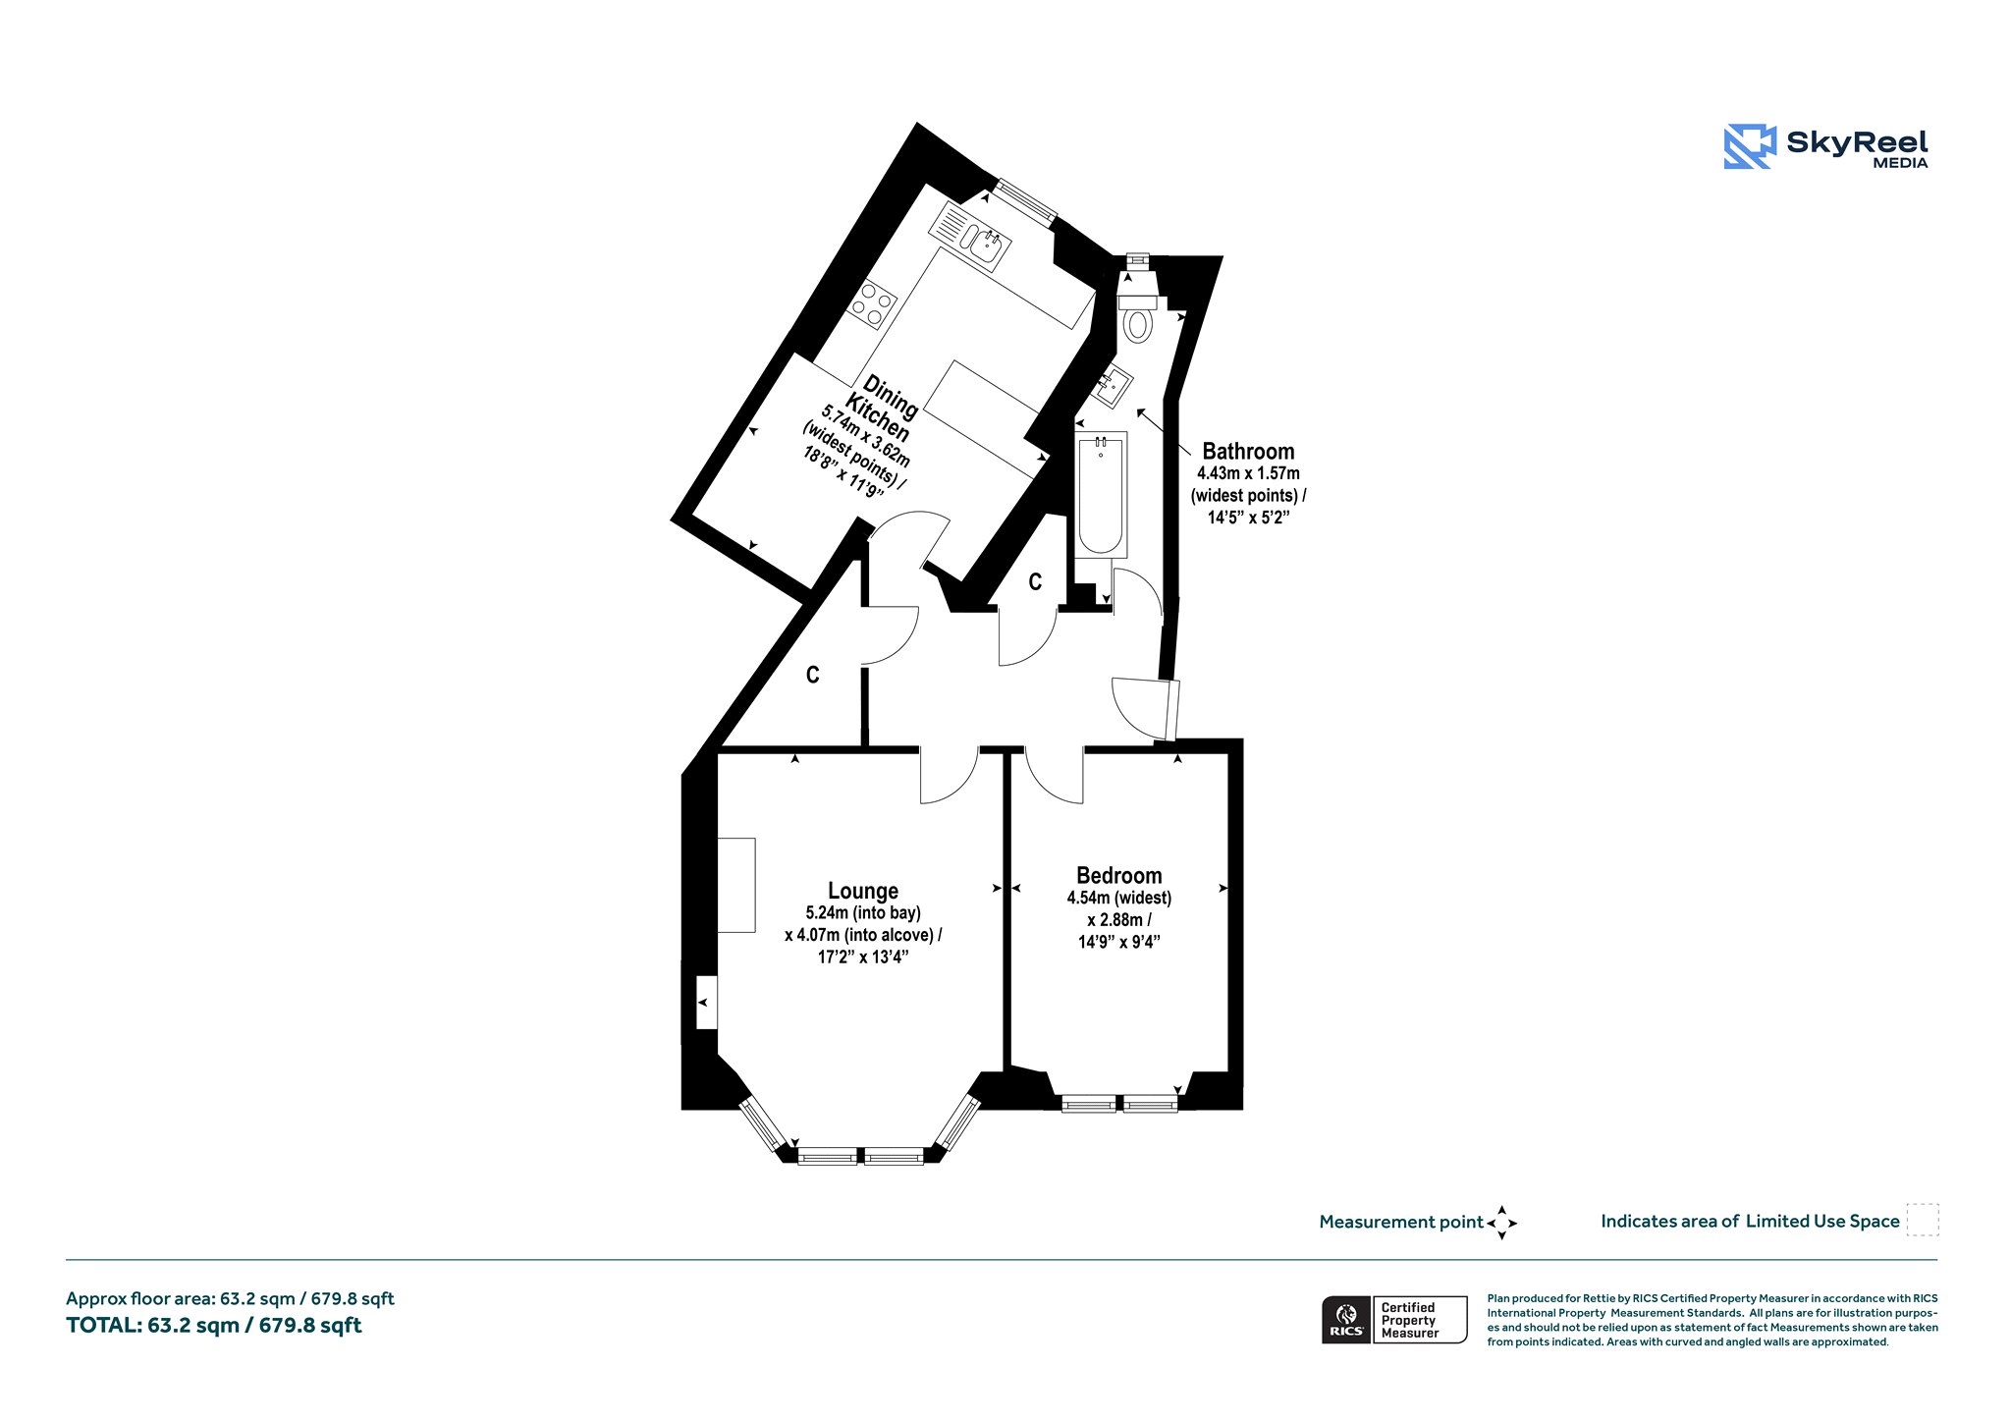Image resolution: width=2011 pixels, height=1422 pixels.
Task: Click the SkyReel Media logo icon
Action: (x=1750, y=146)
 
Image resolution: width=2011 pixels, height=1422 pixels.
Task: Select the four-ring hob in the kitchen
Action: (x=185, y=304)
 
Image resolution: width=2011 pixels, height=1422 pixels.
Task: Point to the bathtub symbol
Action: (x=1101, y=495)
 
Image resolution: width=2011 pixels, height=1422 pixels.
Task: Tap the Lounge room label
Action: (x=863, y=891)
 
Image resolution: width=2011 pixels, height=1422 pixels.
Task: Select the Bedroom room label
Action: (x=1119, y=875)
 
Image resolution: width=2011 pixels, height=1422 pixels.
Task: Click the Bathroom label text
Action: (x=1248, y=451)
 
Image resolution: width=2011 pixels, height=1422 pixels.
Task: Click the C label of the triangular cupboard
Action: (x=813, y=675)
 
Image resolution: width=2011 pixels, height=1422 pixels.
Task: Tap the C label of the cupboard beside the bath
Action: (x=1035, y=582)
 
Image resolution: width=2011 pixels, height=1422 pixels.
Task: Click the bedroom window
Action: (x=1120, y=1105)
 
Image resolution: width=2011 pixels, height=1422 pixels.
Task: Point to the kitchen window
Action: (x=1025, y=200)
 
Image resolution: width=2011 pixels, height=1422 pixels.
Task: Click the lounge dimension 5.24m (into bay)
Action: (x=863, y=913)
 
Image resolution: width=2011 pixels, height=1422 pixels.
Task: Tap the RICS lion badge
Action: (x=1346, y=1320)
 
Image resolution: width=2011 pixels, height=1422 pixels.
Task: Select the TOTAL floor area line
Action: (x=214, y=1326)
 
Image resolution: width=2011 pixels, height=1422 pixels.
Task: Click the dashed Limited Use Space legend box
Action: (x=1923, y=1220)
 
